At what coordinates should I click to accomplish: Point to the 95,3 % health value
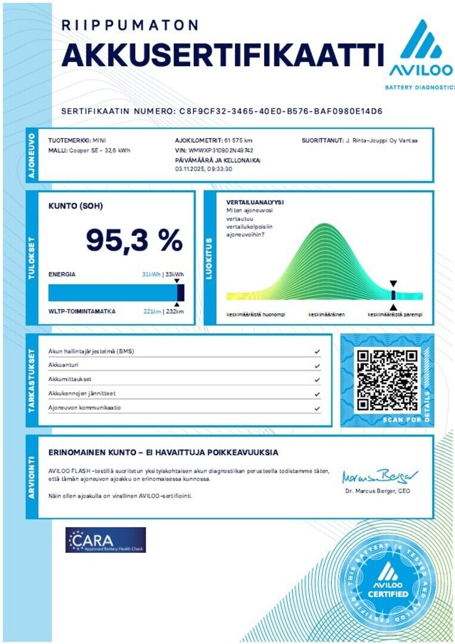click(x=134, y=240)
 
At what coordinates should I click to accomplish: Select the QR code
click(x=387, y=380)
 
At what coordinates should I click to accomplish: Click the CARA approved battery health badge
click(x=106, y=540)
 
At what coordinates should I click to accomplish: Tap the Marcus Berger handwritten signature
click(x=379, y=476)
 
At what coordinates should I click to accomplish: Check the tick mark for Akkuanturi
click(x=317, y=366)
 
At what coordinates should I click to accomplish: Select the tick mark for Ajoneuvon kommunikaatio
click(x=317, y=408)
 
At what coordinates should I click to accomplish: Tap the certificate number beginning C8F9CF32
click(x=281, y=112)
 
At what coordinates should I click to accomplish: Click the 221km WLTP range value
click(x=153, y=311)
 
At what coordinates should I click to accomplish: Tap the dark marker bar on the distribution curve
click(x=393, y=295)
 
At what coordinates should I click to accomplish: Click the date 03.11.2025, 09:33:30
click(x=203, y=169)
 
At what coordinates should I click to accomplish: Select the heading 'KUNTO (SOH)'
click(x=76, y=206)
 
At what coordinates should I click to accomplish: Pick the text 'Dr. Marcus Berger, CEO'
click(x=378, y=491)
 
